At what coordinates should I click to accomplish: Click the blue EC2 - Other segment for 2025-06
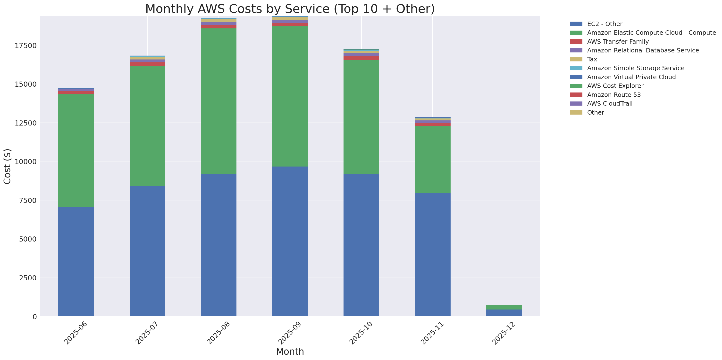(x=76, y=262)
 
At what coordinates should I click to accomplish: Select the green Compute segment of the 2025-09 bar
(x=290, y=96)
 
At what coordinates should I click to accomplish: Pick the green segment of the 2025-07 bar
(x=147, y=126)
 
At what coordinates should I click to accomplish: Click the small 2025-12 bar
(x=504, y=311)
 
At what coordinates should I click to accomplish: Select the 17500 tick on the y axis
(x=25, y=46)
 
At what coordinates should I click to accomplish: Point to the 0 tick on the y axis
(x=34, y=317)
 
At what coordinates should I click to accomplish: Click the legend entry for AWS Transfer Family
(x=618, y=42)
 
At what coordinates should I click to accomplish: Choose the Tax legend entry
(x=592, y=59)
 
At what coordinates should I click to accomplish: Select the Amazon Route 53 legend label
(x=614, y=95)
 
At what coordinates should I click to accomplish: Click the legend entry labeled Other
(x=595, y=113)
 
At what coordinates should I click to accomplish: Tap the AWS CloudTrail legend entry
(x=610, y=104)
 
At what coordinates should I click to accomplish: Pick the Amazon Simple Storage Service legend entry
(x=635, y=68)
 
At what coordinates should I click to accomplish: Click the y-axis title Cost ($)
(x=7, y=167)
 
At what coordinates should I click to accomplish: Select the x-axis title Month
(x=290, y=352)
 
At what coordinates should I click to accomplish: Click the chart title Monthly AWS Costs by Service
(x=290, y=9)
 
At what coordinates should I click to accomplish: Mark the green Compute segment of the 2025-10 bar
(x=361, y=117)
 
